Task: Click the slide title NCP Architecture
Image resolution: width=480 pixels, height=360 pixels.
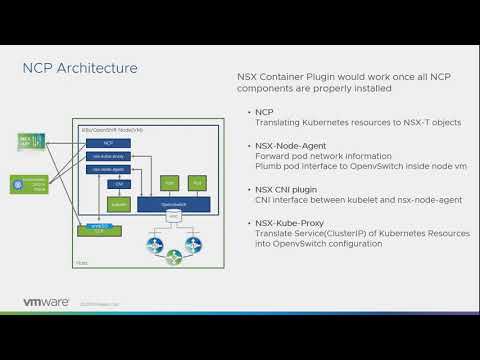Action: click(80, 68)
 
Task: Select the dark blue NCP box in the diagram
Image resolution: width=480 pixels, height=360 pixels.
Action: click(107, 143)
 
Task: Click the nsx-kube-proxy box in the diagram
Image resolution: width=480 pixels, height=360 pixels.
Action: click(107, 157)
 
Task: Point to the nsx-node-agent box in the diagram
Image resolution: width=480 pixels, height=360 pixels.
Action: click(107, 170)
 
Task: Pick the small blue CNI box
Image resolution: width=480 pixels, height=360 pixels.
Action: click(118, 184)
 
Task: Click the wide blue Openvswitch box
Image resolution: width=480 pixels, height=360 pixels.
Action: click(173, 203)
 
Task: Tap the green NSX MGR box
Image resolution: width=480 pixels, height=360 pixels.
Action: click(29, 140)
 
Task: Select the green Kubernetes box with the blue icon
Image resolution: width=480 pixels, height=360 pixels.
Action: click(31, 184)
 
